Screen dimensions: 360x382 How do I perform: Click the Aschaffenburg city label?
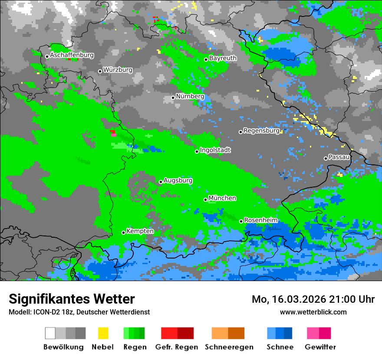[x=72, y=55]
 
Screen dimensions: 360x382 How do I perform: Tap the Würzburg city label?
[x=118, y=70]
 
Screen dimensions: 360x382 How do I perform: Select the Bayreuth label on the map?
[x=223, y=58]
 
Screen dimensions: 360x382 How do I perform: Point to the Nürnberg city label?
[x=190, y=96]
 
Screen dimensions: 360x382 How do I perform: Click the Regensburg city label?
[x=261, y=131]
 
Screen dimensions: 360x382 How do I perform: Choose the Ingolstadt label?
[x=215, y=150]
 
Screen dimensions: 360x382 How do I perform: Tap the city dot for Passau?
[x=326, y=158]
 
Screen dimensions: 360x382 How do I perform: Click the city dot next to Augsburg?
[x=161, y=182]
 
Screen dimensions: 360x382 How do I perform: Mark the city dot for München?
[x=206, y=200]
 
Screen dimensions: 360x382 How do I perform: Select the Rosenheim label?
[x=260, y=220]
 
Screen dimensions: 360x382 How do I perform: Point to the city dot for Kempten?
[x=123, y=232]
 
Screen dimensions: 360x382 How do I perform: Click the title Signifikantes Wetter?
[x=72, y=299]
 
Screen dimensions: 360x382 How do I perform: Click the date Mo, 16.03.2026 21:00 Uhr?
[x=313, y=299]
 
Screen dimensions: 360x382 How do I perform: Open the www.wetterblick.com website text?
[x=313, y=312]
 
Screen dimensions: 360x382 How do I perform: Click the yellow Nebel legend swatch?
[x=103, y=333]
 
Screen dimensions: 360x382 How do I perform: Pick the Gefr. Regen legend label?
[x=177, y=347]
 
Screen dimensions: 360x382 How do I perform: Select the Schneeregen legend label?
[x=229, y=347]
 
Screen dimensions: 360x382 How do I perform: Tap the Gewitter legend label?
[x=320, y=347]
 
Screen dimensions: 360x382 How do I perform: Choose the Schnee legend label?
[x=280, y=347]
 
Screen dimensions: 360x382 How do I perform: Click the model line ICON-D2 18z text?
[x=79, y=312]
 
